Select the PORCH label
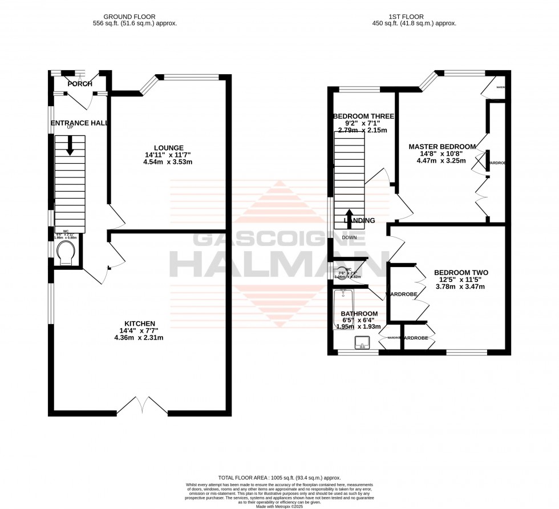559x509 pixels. pyautogui.click(x=80, y=84)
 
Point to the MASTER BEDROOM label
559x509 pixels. pyautogui.click(x=441, y=147)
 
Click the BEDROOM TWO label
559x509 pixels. pyautogui.click(x=460, y=273)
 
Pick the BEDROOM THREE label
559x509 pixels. pyautogui.click(x=363, y=116)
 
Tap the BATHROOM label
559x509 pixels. pyautogui.click(x=359, y=314)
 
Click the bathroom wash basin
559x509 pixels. pyautogui.click(x=362, y=343)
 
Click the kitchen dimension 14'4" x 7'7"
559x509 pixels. pyautogui.click(x=139, y=330)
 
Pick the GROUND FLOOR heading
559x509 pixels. pyautogui.click(x=135, y=17)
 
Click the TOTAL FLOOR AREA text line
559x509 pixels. pyautogui.click(x=279, y=478)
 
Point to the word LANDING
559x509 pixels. pyautogui.click(x=359, y=221)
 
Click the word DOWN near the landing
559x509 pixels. pyautogui.click(x=349, y=237)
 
